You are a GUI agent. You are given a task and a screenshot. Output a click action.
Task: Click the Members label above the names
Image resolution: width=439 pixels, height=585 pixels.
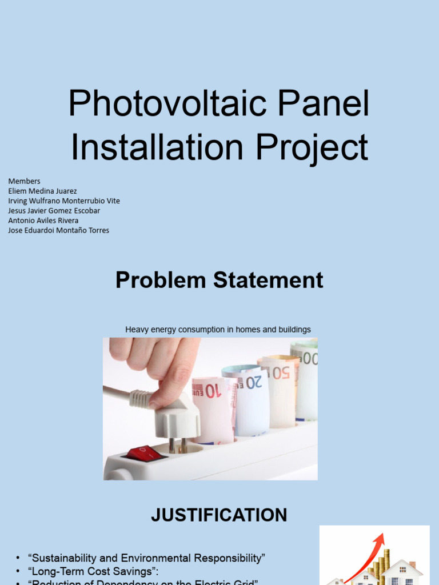coord(24,181)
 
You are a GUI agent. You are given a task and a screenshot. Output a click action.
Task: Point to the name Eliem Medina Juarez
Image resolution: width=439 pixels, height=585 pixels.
coord(42,191)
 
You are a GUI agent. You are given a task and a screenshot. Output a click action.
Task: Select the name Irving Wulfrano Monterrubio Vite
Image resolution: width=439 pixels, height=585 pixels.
coord(64,201)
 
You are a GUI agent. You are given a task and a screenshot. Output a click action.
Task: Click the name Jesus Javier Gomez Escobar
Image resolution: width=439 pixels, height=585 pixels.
coord(54,210)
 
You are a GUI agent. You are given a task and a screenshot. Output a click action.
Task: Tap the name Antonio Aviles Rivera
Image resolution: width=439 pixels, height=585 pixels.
coord(43,220)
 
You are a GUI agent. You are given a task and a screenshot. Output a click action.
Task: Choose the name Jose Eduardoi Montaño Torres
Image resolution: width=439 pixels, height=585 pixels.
coord(58,230)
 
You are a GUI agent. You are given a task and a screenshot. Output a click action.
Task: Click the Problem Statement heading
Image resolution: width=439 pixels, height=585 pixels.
coord(219,281)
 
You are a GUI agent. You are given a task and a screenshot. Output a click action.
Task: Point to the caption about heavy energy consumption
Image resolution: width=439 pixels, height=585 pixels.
coord(218,330)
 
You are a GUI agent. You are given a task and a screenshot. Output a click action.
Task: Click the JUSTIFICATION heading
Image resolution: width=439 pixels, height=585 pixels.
coord(219,515)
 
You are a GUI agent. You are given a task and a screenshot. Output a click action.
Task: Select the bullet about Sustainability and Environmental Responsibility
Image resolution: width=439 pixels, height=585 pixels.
coord(146,558)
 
